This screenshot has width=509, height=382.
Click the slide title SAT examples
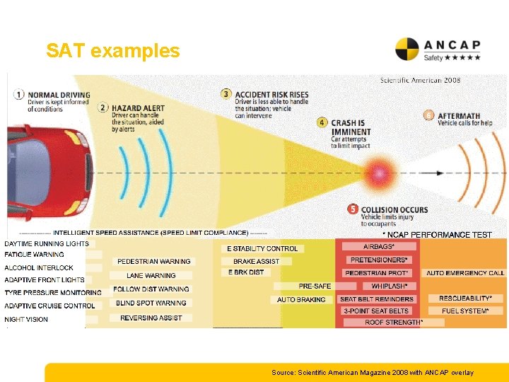113,51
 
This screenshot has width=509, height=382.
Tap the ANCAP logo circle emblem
408,50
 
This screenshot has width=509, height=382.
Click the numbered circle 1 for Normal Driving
18,94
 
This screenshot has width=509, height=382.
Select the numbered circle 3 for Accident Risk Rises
226,93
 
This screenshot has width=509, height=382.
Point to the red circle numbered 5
353,209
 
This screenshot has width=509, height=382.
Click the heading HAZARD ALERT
138,108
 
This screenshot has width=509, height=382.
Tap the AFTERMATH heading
459,116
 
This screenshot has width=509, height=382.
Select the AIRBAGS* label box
379,246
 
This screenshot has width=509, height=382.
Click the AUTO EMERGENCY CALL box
465,273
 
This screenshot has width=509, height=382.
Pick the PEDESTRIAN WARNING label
153,262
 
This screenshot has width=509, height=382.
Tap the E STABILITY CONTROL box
262,248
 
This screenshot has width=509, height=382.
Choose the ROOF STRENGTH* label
394,323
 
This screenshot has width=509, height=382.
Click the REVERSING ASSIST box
151,318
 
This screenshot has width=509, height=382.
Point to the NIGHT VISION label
27,320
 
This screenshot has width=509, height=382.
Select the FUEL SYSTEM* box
464,311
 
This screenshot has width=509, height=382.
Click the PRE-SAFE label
315,286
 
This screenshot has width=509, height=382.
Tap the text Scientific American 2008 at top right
420,80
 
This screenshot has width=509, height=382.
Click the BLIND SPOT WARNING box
151,303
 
